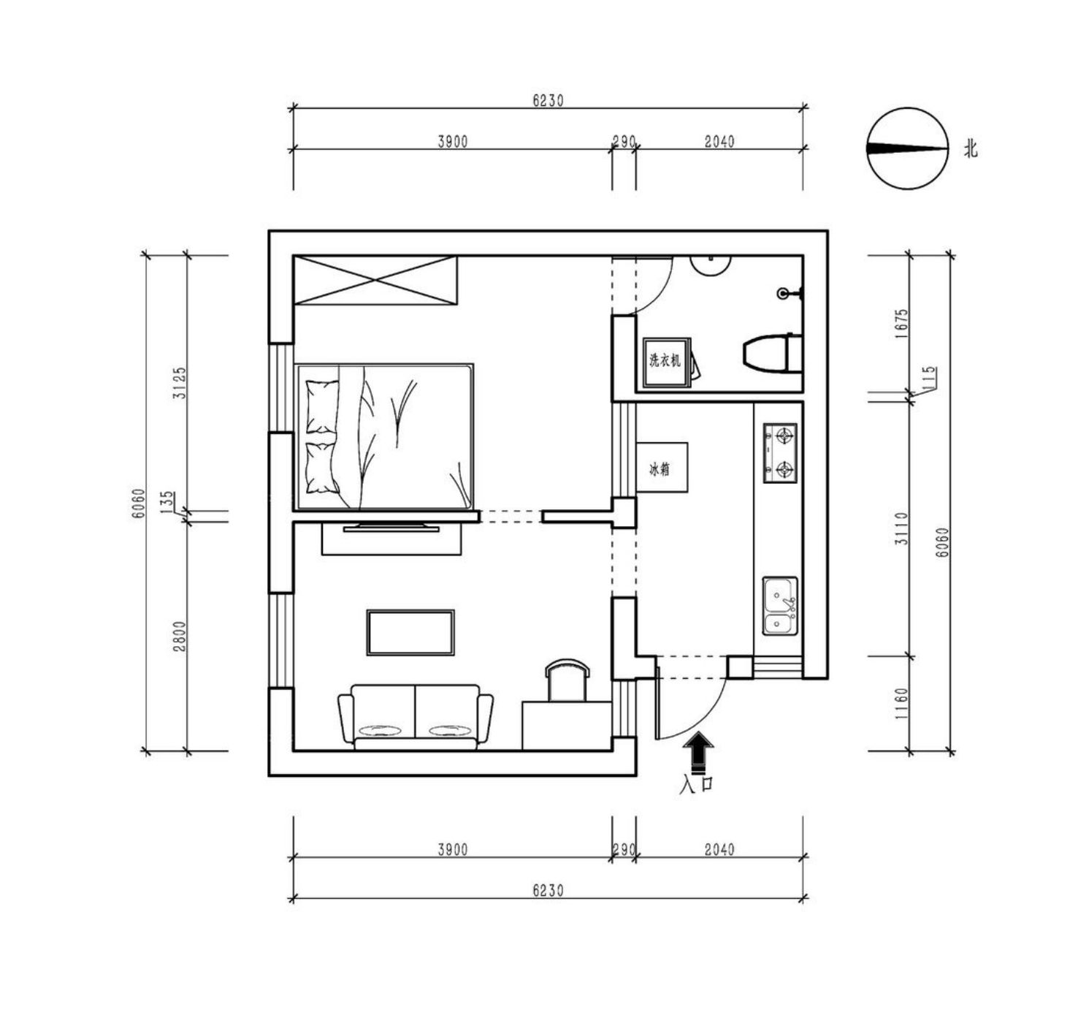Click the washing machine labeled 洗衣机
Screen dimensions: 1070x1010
click(x=666, y=362)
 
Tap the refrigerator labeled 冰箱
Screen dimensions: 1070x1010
click(x=662, y=467)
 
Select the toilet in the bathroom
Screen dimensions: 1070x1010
click(x=773, y=353)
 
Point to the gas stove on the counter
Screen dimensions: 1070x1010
click(x=779, y=453)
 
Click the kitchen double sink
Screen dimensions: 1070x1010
click(x=779, y=606)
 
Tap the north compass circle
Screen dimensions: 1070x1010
click(x=907, y=148)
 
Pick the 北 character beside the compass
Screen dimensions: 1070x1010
click(x=971, y=149)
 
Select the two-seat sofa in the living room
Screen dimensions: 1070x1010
click(x=416, y=717)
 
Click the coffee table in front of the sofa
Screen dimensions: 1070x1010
click(x=410, y=633)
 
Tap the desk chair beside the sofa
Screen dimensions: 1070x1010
click(x=568, y=680)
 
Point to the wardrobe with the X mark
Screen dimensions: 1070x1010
click(x=375, y=281)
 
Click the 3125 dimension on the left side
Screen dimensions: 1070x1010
click(x=180, y=383)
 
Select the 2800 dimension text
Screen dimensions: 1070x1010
click(x=180, y=637)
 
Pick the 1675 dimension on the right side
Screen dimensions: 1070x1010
click(x=901, y=324)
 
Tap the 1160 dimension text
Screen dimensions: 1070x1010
click(x=901, y=703)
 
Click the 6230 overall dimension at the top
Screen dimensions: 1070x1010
click(x=548, y=101)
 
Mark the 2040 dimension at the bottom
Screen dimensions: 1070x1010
click(x=719, y=850)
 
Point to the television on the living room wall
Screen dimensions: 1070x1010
click(x=391, y=527)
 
